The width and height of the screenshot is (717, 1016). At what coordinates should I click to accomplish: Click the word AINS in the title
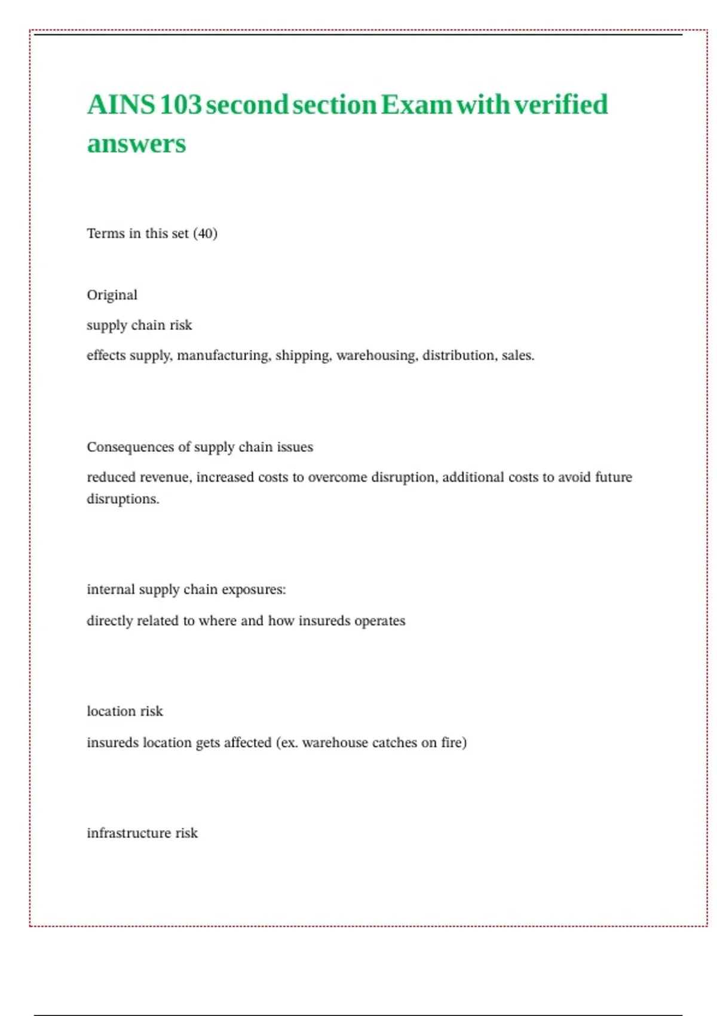click(x=121, y=105)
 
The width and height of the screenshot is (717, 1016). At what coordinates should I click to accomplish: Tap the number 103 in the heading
click(x=180, y=105)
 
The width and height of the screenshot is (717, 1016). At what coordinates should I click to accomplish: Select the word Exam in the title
click(x=416, y=105)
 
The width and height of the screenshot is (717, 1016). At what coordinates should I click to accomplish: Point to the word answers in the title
click(x=136, y=144)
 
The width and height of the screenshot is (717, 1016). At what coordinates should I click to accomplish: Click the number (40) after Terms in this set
click(x=205, y=234)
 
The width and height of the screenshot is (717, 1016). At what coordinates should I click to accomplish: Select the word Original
click(x=112, y=295)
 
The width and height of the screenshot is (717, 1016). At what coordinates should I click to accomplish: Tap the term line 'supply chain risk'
click(x=139, y=325)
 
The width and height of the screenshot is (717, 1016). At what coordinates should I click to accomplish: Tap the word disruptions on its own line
click(x=122, y=499)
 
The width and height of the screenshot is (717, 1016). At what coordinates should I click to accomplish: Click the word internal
click(x=111, y=590)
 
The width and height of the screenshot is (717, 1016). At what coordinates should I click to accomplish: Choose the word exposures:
click(x=253, y=590)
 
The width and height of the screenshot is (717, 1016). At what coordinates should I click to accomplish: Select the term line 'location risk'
click(x=124, y=711)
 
